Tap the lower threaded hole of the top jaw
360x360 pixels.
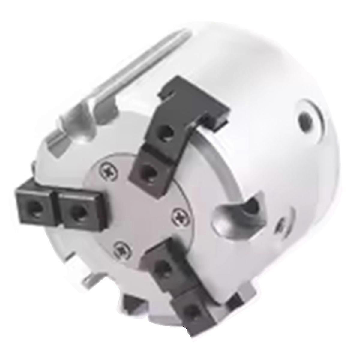coord(148,171)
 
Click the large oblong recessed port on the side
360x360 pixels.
coord(240,212)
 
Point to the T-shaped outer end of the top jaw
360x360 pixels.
coord(195,99)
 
